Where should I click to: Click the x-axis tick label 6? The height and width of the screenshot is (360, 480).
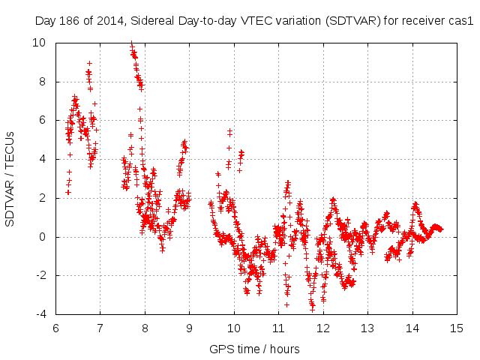[x=55, y=328]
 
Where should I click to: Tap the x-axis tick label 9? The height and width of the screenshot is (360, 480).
[x=189, y=328]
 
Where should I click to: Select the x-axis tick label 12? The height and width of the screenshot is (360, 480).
[x=323, y=328]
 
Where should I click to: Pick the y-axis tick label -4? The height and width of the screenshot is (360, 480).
[x=42, y=314]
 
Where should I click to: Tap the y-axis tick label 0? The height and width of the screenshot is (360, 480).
[x=44, y=237]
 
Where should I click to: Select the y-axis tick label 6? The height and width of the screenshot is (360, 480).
[x=44, y=120]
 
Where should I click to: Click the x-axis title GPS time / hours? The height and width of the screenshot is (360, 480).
[x=255, y=349]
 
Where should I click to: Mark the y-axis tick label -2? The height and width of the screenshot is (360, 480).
[x=42, y=276]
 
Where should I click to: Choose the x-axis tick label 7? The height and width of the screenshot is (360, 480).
[x=100, y=328]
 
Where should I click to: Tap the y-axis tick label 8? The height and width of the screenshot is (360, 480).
[x=44, y=81]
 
